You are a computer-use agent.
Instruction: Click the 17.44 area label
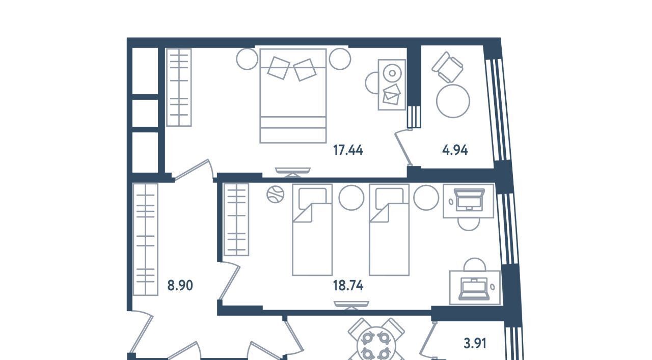pyautogui.click(x=348, y=150)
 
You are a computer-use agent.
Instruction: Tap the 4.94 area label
pyautogui.click(x=455, y=150)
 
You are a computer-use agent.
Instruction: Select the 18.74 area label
pyautogui.click(x=348, y=286)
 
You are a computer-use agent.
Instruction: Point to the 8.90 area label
pyautogui.click(x=180, y=286)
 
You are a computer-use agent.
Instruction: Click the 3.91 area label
pyautogui.click(x=475, y=344)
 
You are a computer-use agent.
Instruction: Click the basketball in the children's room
pyautogui.click(x=276, y=195)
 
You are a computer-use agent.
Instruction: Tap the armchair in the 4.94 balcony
pyautogui.click(x=447, y=67)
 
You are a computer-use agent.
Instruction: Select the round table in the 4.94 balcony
pyautogui.click(x=453, y=101)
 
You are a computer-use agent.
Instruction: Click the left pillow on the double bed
pyautogui.click(x=279, y=68)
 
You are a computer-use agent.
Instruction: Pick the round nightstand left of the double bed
pyautogui.click(x=247, y=59)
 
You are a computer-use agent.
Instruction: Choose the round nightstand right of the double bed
pyautogui.click(x=340, y=59)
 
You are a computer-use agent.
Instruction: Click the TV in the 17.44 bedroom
pyautogui.click(x=293, y=172)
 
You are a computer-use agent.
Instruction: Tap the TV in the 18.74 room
pyautogui.click(x=351, y=306)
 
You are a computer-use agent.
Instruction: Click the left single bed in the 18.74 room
pyautogui.click(x=312, y=230)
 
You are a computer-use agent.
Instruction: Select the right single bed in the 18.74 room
pyautogui.click(x=389, y=230)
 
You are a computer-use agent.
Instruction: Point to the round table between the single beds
pyautogui.click(x=351, y=198)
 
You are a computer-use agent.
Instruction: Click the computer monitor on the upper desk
pyautogui.click(x=469, y=200)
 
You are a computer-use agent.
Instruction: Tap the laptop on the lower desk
pyautogui.click(x=474, y=288)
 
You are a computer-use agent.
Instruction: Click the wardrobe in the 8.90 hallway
pyautogui.click(x=146, y=239)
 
